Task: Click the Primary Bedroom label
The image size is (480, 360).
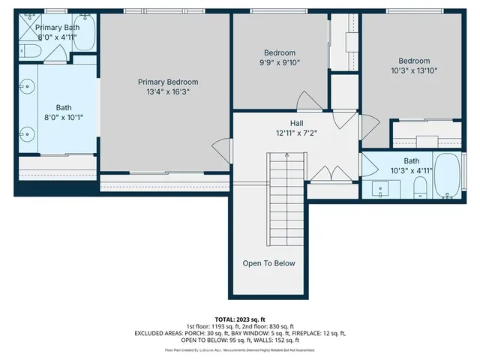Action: click(x=167, y=82)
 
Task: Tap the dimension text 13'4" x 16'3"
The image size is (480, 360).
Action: click(x=167, y=91)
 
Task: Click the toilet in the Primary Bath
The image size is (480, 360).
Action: click(x=30, y=50)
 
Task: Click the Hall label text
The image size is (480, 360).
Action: click(x=297, y=123)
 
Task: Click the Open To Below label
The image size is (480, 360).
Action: click(x=268, y=263)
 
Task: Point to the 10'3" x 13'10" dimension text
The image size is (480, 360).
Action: click(x=413, y=70)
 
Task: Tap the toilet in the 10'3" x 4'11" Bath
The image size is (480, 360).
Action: click(x=420, y=186)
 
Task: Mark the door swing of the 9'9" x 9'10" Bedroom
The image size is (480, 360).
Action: click(x=308, y=100)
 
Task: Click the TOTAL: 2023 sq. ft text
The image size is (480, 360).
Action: click(x=241, y=319)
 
